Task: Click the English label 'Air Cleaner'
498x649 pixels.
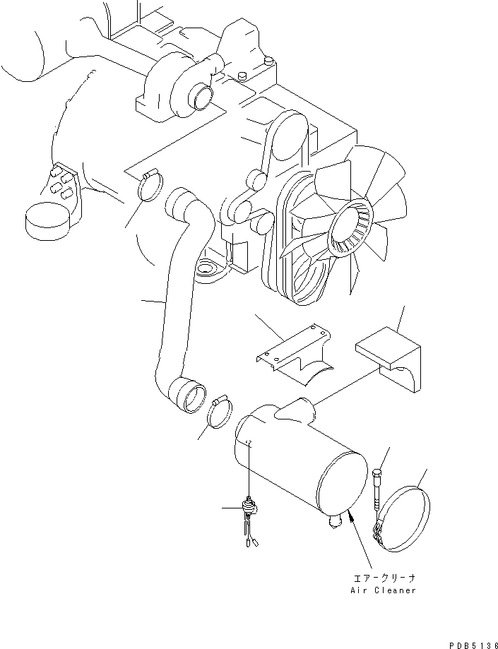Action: coord(383,590)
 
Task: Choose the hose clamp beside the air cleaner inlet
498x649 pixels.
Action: coord(219,412)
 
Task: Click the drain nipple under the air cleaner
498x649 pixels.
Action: coord(334,521)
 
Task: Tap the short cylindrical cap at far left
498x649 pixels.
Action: coord(46,220)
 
